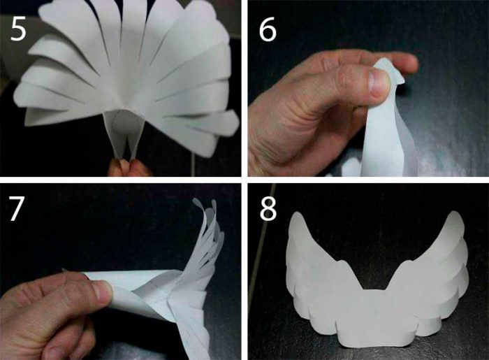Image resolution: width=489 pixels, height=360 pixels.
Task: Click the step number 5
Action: tap(18, 29)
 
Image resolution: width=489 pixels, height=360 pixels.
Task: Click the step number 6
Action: tap(268, 29)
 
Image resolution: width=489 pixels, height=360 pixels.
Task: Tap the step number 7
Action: tap(17, 209)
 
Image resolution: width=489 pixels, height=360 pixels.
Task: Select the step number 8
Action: tap(268, 209)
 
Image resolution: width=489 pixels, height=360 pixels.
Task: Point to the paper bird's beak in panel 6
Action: tap(400, 80)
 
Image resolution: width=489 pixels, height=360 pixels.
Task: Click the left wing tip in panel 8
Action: tap(297, 218)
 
